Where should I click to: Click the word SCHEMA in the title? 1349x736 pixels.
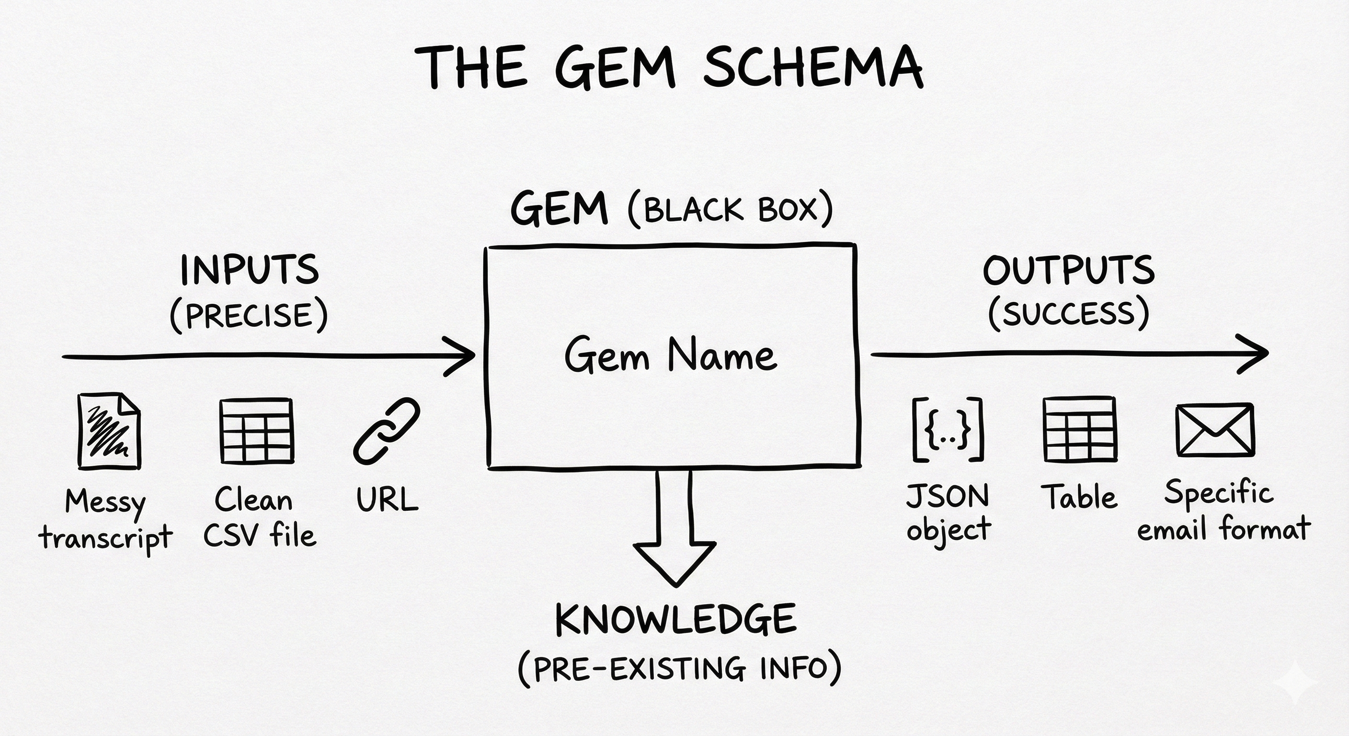coord(813,67)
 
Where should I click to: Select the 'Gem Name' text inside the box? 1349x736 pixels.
coord(671,356)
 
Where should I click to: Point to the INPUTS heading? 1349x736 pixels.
coord(249,270)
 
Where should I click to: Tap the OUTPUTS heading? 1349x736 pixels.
coord(1068,270)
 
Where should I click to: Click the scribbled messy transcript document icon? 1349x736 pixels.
coord(109,431)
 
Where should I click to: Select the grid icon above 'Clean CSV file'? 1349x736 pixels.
coord(257,431)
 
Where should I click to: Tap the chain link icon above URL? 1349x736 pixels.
coord(387,431)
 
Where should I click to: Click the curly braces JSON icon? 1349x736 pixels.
coord(948,429)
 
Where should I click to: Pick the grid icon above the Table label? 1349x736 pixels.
coord(1079,429)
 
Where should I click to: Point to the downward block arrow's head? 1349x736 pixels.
coord(674,563)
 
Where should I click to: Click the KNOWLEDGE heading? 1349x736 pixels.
coord(675,619)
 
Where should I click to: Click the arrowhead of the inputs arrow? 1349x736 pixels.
coord(463,356)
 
